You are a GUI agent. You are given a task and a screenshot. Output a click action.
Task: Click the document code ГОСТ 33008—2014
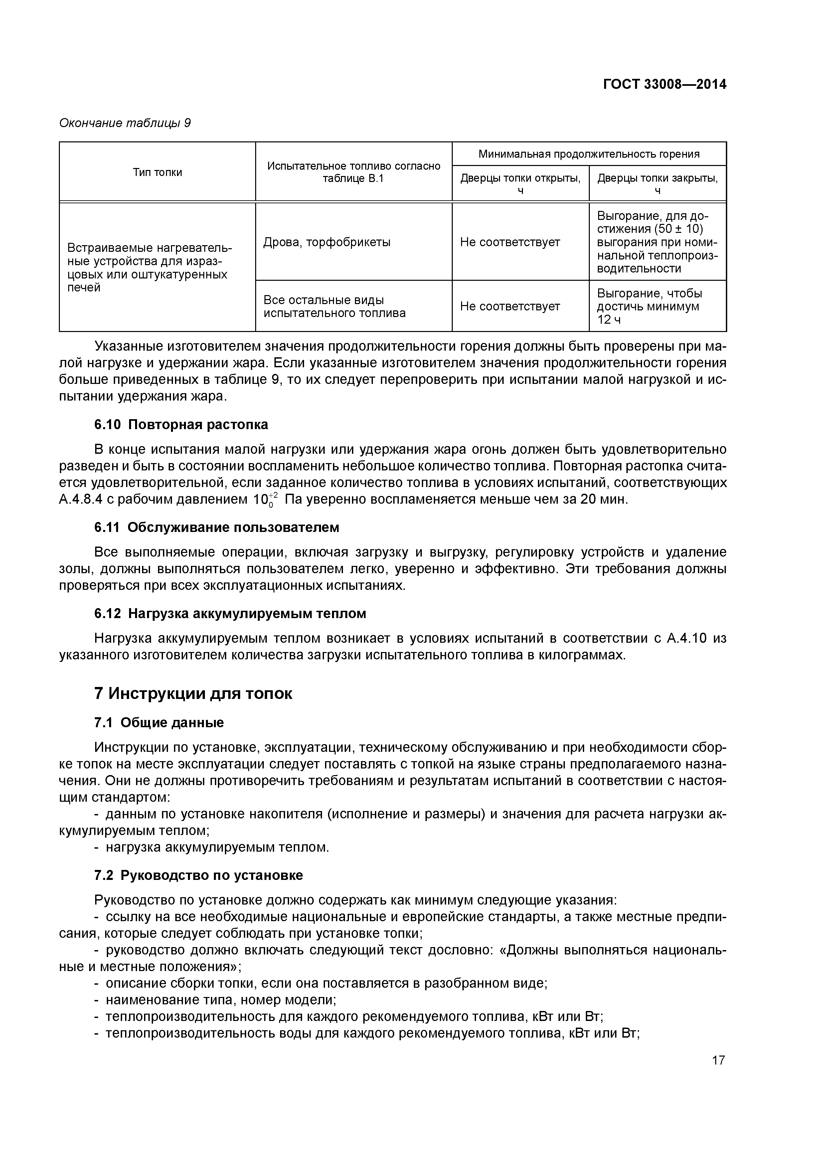(x=664, y=84)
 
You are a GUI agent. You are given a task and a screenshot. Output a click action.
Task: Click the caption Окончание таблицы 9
(x=125, y=123)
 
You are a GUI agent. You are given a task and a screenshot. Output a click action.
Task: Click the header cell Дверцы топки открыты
(x=520, y=184)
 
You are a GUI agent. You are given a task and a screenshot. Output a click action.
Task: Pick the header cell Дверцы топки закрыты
(x=657, y=184)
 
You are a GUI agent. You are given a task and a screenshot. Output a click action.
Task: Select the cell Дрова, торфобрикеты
(x=327, y=242)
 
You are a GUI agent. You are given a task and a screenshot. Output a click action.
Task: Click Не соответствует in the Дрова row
(x=510, y=242)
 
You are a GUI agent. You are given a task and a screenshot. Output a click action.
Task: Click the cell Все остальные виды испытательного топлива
(x=334, y=306)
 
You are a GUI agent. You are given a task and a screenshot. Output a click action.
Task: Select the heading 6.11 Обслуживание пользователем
(x=217, y=528)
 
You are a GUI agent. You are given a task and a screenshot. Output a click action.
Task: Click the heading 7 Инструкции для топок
(x=193, y=694)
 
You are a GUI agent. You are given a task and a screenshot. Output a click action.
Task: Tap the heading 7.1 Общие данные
(x=159, y=723)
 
